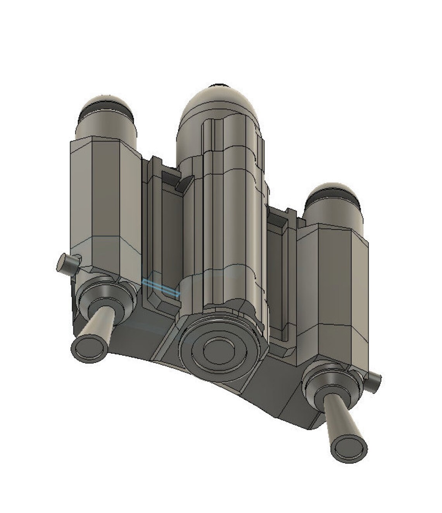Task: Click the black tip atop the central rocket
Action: point(220,85)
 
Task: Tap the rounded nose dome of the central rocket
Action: point(219,105)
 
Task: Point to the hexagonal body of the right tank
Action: point(331,287)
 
